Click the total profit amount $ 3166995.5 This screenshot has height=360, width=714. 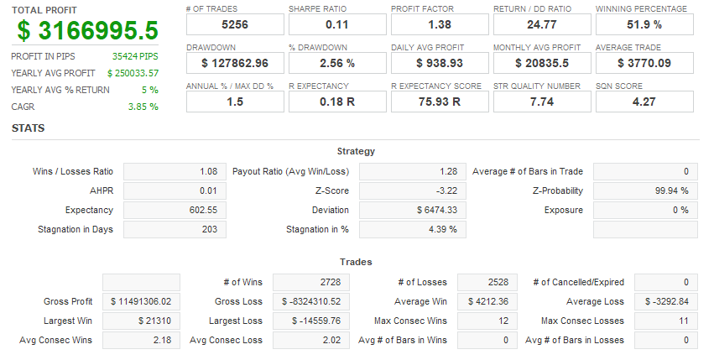pyautogui.click(x=87, y=31)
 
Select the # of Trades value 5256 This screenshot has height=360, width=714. pyautogui.click(x=234, y=24)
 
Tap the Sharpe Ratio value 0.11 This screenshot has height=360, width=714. pyautogui.click(x=336, y=24)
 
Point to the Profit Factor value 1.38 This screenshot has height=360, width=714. pyautogui.click(x=439, y=24)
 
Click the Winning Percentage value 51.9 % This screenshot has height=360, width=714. pyautogui.click(x=644, y=24)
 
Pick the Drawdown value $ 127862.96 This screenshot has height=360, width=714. pyautogui.click(x=234, y=63)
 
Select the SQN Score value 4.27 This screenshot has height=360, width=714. pyautogui.click(x=644, y=102)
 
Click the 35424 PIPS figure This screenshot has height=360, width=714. pyautogui.click(x=135, y=56)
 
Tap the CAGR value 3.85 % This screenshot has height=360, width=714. pyautogui.click(x=143, y=107)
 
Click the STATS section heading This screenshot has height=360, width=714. pyautogui.click(x=28, y=128)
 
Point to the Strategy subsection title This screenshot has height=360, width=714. pyautogui.click(x=356, y=151)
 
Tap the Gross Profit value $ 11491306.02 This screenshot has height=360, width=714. pyautogui.click(x=141, y=301)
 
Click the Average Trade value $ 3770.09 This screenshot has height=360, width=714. pyautogui.click(x=644, y=63)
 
